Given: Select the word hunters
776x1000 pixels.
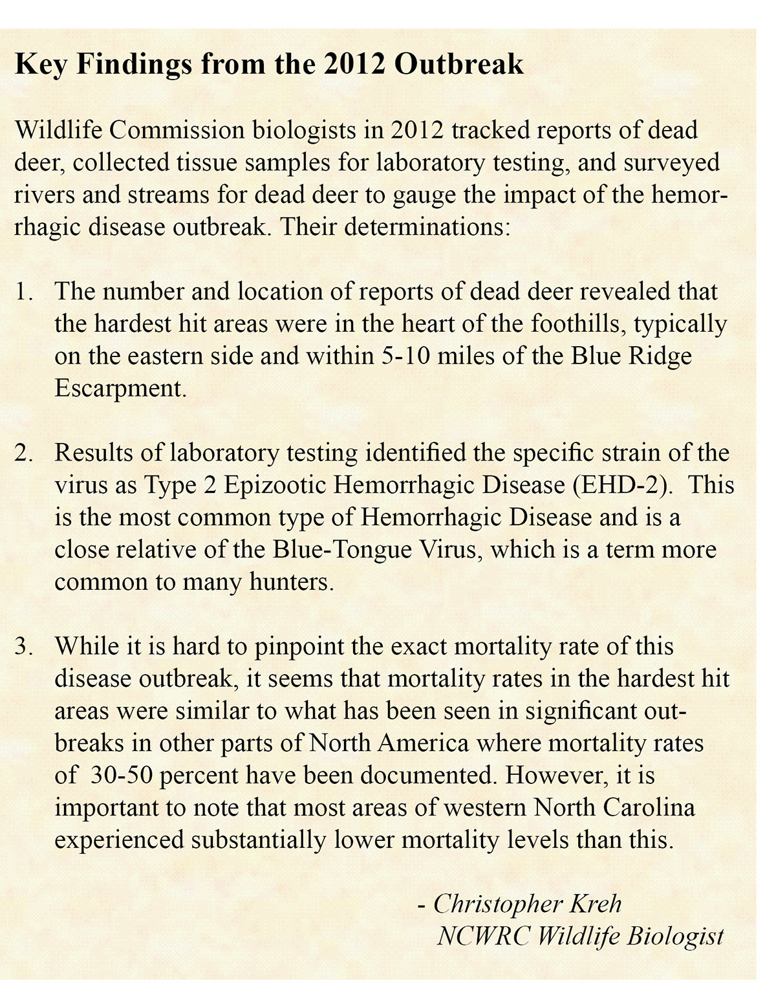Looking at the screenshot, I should click(292, 582).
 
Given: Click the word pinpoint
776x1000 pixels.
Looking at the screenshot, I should click(311, 647).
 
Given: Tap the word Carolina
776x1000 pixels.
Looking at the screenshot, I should click(649, 808).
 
